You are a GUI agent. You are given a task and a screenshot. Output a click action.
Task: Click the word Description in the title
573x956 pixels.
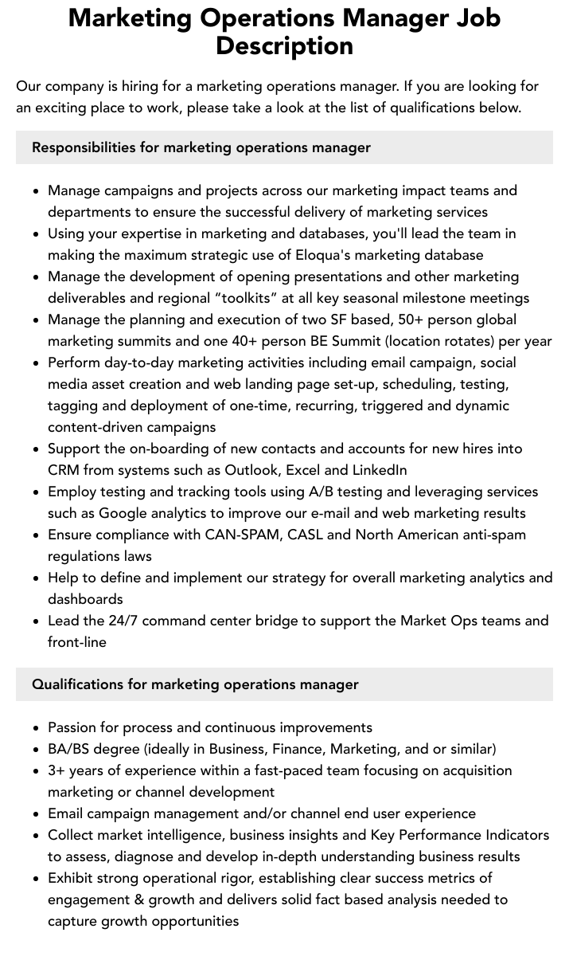pos(284,45)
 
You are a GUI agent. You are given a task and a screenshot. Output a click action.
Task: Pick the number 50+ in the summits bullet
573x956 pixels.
pos(385,319)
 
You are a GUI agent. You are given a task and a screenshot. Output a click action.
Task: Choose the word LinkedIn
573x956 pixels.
pos(379,470)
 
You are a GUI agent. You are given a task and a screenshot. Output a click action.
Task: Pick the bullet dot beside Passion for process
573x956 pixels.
pos(37,728)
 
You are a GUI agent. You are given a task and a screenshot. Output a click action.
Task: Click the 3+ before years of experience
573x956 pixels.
pos(57,770)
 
